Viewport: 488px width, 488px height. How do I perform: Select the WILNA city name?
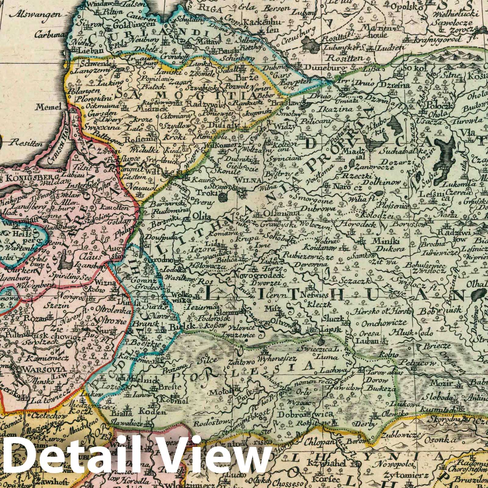tap(243, 181)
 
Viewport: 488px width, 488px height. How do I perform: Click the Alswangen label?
tap(25, 14)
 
